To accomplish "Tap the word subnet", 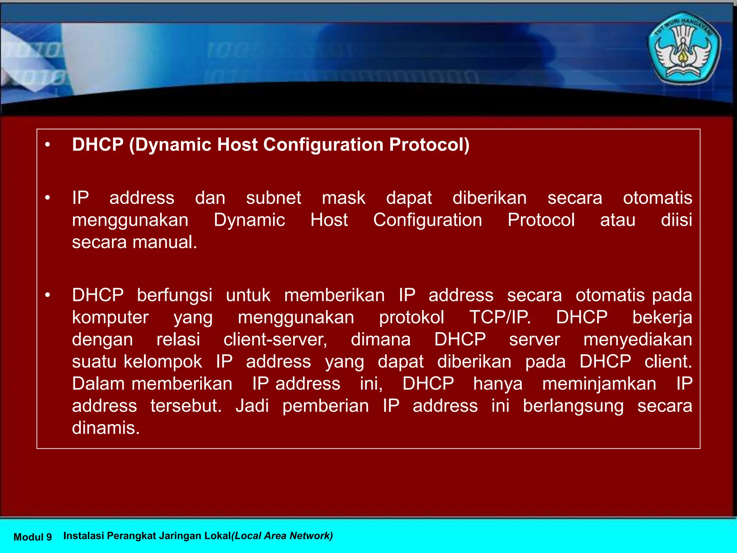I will [273, 198].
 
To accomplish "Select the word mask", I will [343, 198].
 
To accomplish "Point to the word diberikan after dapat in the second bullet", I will [489, 198].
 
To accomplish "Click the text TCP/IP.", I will [500, 318].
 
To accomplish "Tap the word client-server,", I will [275, 340].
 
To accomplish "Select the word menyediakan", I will [637, 340].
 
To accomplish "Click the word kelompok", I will [163, 361].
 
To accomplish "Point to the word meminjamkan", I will [599, 384].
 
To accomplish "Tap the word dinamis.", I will [106, 428].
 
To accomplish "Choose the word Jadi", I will [252, 406].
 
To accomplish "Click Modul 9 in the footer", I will [32, 537].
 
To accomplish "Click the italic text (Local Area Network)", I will [282, 536].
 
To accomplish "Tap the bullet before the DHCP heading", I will [48, 145].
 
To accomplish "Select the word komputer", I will [110, 318].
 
